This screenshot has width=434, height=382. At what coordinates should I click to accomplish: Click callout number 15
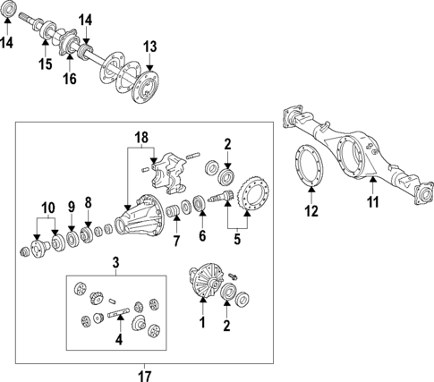click(46, 64)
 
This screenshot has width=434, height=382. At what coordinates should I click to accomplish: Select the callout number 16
click(68, 80)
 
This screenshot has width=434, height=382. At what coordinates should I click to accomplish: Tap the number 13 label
click(149, 46)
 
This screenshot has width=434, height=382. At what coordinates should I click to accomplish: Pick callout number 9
click(71, 206)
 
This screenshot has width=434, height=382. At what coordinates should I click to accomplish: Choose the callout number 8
click(88, 201)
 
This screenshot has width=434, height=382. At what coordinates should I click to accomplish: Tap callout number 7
click(176, 242)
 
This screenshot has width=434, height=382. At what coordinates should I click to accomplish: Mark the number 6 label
click(202, 236)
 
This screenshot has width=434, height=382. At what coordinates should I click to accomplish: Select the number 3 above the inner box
click(115, 261)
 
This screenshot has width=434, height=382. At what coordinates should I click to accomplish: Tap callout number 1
click(202, 323)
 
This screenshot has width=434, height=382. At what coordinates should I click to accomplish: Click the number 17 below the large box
click(145, 375)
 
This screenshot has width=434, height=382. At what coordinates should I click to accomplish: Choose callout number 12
click(311, 212)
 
